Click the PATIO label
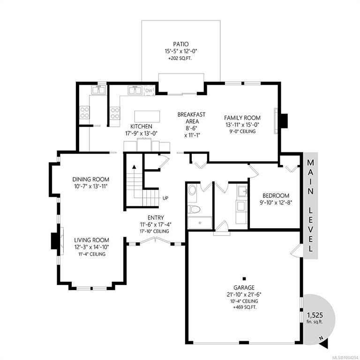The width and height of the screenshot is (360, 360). (181, 44)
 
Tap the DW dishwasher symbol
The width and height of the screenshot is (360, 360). (149, 90)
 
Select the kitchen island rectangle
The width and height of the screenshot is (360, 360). (147, 116)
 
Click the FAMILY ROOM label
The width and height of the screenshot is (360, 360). (242, 118)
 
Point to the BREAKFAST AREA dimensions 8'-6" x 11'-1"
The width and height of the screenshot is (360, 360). (192, 132)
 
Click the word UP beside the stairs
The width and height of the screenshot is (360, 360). (165, 198)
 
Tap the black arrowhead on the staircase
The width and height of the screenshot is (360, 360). (134, 167)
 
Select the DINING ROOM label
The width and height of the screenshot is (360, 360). (90, 180)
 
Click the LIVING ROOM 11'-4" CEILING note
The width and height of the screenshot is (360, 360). (92, 254)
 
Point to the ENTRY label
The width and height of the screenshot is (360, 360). (156, 217)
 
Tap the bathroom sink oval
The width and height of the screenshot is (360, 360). (192, 190)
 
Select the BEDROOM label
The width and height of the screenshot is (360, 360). (276, 196)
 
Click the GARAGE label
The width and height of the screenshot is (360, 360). (244, 287)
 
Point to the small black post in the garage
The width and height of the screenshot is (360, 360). (244, 279)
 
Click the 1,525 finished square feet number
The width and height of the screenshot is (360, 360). (315, 315)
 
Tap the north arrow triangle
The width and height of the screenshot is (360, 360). (324, 344)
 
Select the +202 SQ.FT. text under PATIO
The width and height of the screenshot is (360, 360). (180, 58)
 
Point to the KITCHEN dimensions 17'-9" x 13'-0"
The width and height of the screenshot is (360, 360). (141, 134)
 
